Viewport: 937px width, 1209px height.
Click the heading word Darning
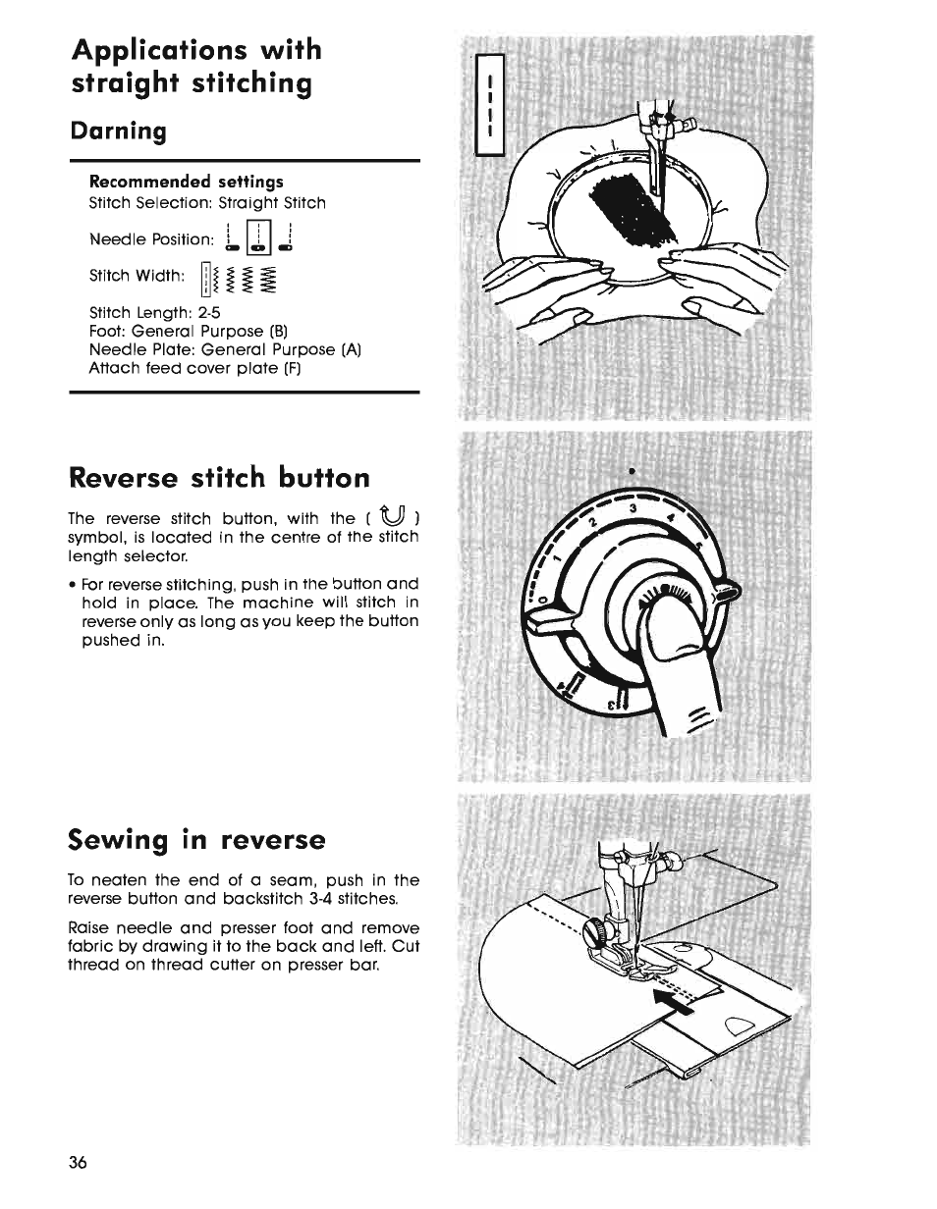(x=119, y=131)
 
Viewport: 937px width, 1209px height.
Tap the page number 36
(x=79, y=1163)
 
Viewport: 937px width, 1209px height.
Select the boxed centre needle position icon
(x=256, y=237)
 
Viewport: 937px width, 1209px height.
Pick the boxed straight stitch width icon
(x=204, y=280)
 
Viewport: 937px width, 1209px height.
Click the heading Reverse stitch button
(x=220, y=477)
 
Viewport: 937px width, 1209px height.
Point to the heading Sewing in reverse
(x=196, y=840)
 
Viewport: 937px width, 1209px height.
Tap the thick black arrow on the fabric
(x=677, y=991)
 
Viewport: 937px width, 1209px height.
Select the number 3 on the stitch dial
(x=634, y=509)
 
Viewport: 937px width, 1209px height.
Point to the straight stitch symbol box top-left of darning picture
(x=488, y=105)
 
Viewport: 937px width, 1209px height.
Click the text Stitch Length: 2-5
(x=154, y=313)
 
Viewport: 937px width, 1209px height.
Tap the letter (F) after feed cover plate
(x=292, y=369)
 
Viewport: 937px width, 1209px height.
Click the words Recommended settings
(x=187, y=182)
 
